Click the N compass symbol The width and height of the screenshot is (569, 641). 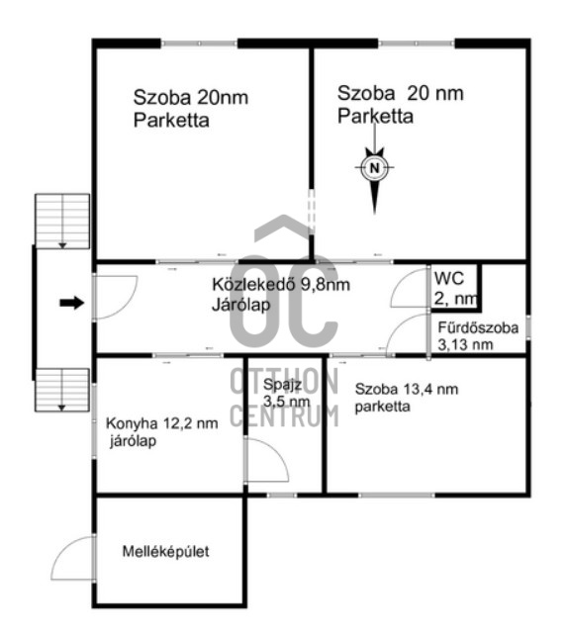pyautogui.click(x=374, y=167)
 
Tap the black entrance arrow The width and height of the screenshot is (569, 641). pyautogui.click(x=72, y=303)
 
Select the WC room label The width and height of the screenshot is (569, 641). pyautogui.click(x=448, y=278)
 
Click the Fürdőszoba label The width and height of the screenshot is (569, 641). pyautogui.click(x=478, y=327)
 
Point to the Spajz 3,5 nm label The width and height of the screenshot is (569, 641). pyautogui.click(x=286, y=393)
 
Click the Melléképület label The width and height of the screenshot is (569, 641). pyautogui.click(x=165, y=551)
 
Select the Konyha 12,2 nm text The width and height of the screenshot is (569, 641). pyautogui.click(x=161, y=423)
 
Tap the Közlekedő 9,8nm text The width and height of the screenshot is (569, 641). pyautogui.click(x=281, y=284)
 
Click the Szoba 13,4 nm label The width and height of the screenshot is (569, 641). pyautogui.click(x=406, y=389)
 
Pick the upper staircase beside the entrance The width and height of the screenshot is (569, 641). pyautogui.click(x=62, y=222)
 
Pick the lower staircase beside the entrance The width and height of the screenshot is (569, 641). pyautogui.click(x=62, y=390)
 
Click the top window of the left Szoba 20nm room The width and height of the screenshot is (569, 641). pyautogui.click(x=199, y=43)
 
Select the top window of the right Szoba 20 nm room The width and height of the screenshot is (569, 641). pyautogui.click(x=417, y=43)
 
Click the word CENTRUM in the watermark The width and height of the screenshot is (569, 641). pyautogui.click(x=284, y=415)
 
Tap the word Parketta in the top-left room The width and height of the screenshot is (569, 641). pyautogui.click(x=171, y=121)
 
